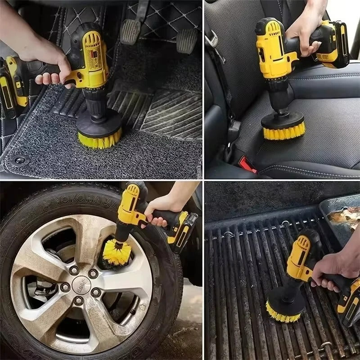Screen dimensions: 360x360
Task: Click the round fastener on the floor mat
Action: pyautogui.click(x=19, y=160)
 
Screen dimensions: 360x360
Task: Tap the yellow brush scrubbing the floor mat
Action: pyautogui.click(x=99, y=139)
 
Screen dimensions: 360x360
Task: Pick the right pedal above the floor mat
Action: pyautogui.click(x=187, y=40)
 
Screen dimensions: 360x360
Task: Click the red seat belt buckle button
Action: pyautogui.click(x=247, y=165)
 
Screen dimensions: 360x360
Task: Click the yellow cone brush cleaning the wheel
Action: pyautogui.click(x=116, y=252)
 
